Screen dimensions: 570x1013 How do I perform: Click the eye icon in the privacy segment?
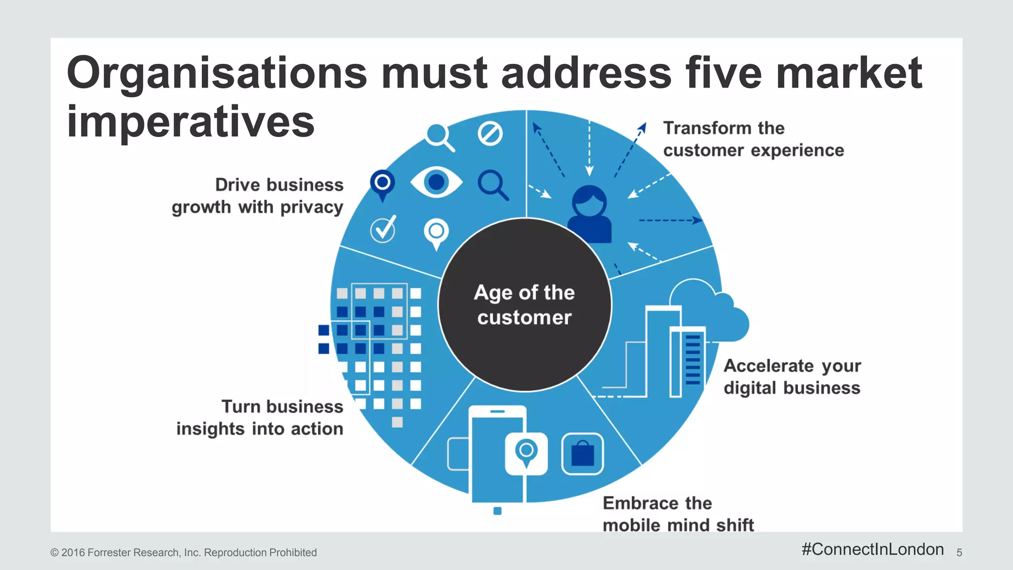coord(436,182)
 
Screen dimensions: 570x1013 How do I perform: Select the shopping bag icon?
coord(583,454)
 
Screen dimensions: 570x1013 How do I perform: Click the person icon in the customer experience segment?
coord(590,214)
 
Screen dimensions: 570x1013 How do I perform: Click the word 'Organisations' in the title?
coord(217,73)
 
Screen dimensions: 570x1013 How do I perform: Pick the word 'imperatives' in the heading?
coord(190,122)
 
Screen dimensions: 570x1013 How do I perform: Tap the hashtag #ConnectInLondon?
coord(873,549)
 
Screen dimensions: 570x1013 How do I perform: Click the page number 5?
coord(959,553)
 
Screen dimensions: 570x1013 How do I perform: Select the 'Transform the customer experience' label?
coord(753,139)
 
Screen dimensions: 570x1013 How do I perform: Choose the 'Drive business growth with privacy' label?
coord(258,196)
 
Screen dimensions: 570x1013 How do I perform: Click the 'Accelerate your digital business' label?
coord(792,377)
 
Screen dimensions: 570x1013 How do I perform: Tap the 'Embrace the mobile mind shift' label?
coord(678,514)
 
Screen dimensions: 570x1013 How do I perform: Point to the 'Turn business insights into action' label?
coord(260,418)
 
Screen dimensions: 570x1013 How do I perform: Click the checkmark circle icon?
coord(383,229)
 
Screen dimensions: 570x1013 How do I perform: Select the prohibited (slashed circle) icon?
coord(490,133)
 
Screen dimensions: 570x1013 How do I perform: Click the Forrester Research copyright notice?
coord(184,553)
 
